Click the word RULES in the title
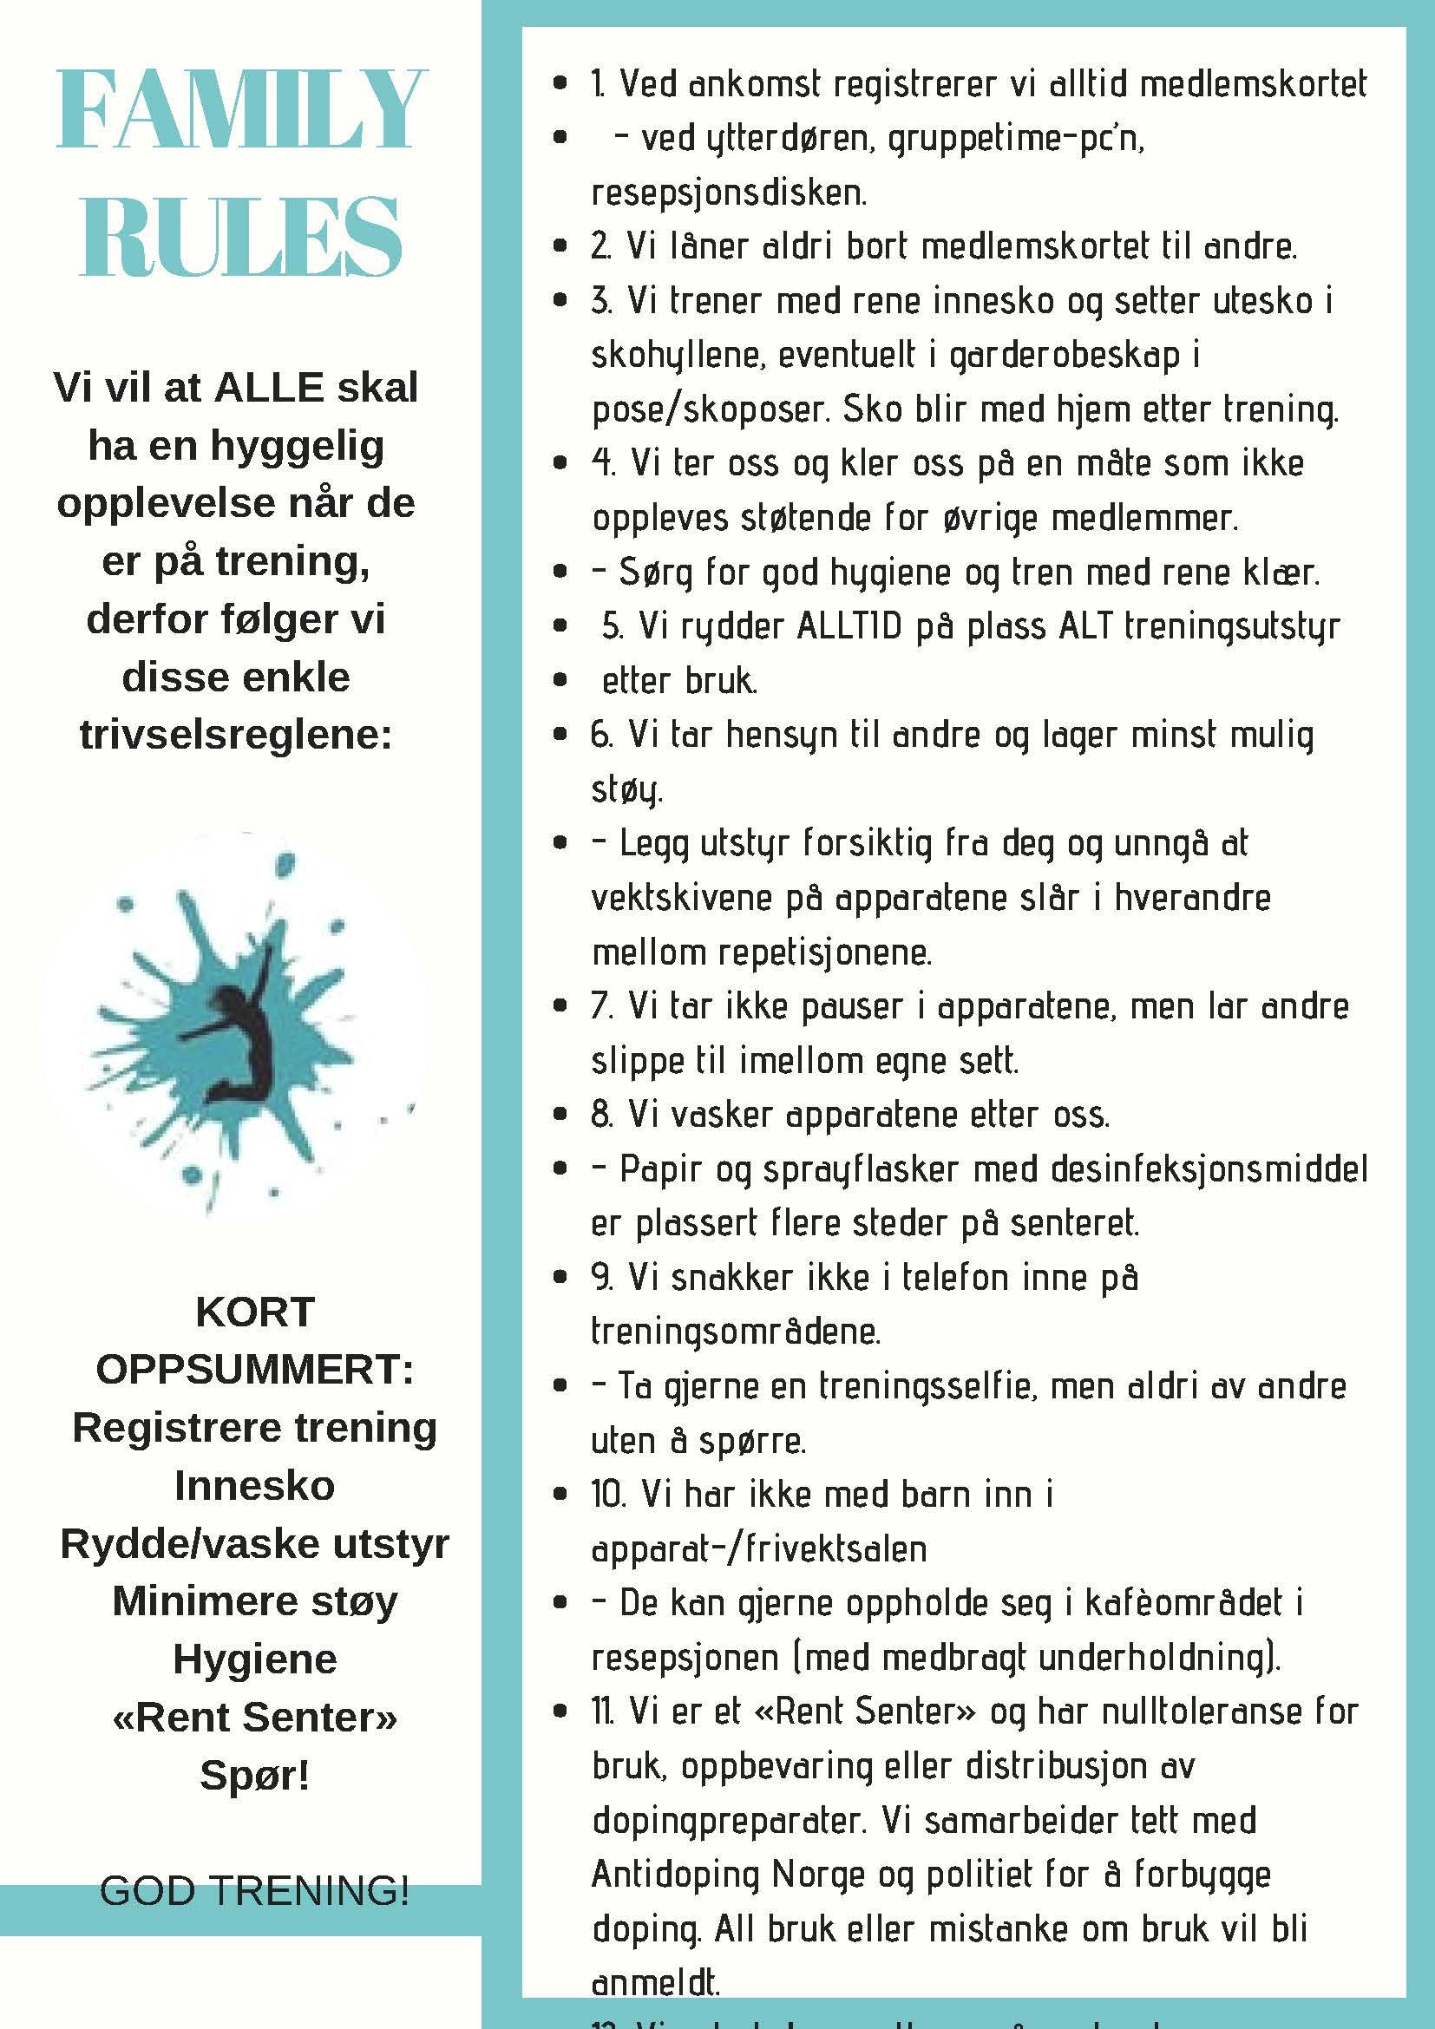pyautogui.click(x=241, y=238)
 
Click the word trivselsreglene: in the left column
pyautogui.click(x=236, y=735)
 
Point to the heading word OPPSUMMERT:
pyautogui.click(x=254, y=1370)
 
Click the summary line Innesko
pyautogui.click(x=254, y=1485)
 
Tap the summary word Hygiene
pyautogui.click(x=254, y=1659)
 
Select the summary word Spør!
pyautogui.click(x=254, y=1775)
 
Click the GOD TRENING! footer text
pyautogui.click(x=254, y=1890)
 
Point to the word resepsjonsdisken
pyautogui.click(x=729, y=193)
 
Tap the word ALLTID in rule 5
pyautogui.click(x=849, y=626)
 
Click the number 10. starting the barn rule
pyautogui.click(x=608, y=1495)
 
